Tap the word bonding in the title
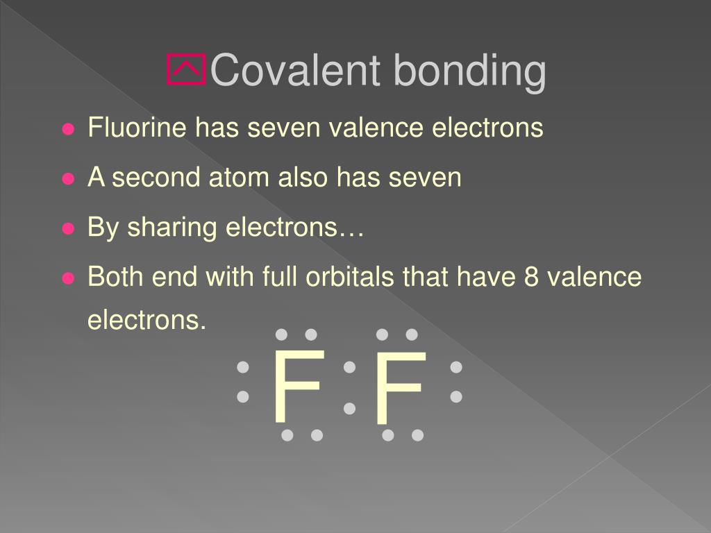(x=469, y=71)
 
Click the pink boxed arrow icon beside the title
(x=186, y=70)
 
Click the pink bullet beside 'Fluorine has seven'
(x=68, y=129)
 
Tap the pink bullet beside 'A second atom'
(x=68, y=179)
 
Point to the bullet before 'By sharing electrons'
(x=68, y=228)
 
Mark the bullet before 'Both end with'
(x=68, y=278)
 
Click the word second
(x=156, y=178)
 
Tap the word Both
(x=115, y=278)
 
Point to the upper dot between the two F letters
(x=349, y=366)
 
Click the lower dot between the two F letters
(x=349, y=408)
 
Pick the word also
(x=304, y=178)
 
